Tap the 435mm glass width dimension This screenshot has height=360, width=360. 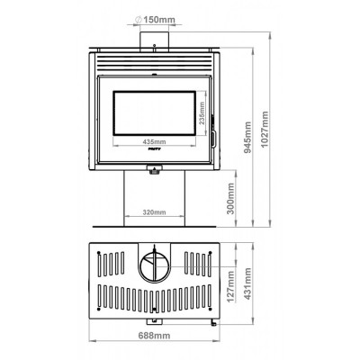154,142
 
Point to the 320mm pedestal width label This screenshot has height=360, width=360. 154,212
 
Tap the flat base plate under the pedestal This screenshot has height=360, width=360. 154,224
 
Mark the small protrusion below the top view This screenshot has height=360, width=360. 211,321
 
